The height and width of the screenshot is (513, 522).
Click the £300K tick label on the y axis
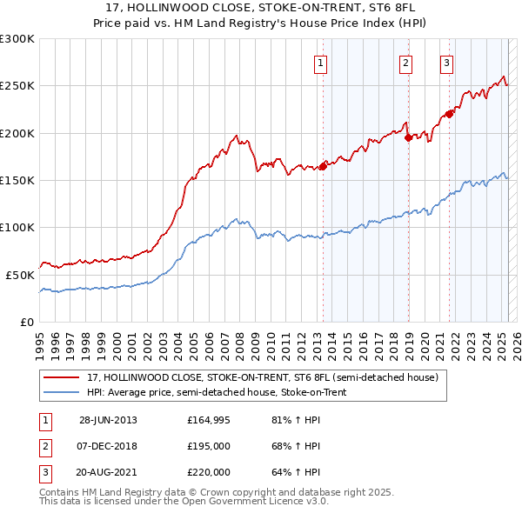(17, 39)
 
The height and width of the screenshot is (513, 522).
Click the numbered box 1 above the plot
(321, 63)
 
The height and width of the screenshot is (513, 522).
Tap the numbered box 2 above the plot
(406, 63)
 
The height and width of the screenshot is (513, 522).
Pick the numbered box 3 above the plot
(446, 63)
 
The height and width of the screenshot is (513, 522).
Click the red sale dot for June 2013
(323, 166)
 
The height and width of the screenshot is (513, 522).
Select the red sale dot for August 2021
(450, 114)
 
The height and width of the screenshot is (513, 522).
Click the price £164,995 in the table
(209, 420)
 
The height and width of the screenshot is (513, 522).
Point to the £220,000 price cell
(209, 472)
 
